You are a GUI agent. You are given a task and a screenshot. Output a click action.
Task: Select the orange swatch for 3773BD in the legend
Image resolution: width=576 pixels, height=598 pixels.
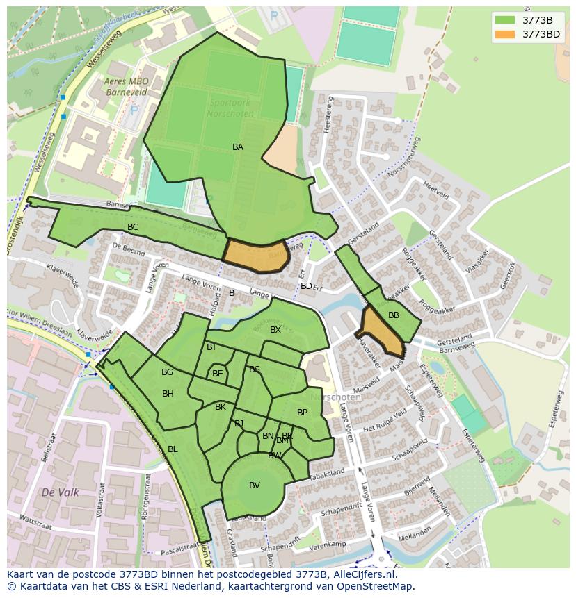(505, 34)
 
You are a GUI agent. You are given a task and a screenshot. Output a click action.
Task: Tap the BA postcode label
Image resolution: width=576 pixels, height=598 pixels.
(238, 147)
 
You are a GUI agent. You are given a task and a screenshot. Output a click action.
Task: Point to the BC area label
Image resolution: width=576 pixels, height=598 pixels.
(133, 227)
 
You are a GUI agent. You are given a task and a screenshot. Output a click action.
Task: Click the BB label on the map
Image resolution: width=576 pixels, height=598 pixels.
(394, 315)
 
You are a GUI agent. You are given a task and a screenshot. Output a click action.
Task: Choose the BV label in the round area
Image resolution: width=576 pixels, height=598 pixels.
(255, 485)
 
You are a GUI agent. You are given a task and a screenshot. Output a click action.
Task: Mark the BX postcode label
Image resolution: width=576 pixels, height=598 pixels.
(275, 330)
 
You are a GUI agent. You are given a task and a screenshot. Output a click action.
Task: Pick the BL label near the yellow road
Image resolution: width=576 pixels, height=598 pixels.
(173, 449)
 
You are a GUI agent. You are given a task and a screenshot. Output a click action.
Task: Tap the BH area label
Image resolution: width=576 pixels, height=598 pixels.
(168, 394)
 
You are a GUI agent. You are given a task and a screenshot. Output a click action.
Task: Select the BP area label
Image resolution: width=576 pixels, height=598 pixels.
(302, 413)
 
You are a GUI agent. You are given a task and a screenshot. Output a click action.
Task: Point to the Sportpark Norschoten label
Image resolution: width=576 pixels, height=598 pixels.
(231, 108)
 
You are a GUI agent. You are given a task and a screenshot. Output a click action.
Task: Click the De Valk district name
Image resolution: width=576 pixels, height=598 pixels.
(60, 492)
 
